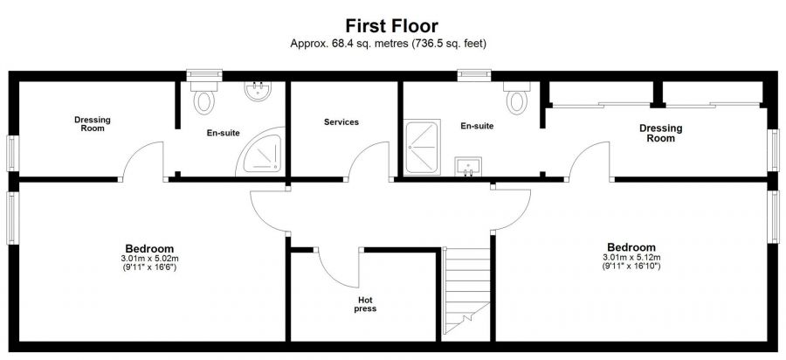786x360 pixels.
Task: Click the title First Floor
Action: (x=392, y=26)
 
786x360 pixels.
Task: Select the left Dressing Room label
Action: (x=92, y=124)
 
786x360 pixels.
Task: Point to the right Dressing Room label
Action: (x=660, y=133)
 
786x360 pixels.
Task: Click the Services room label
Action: (x=341, y=122)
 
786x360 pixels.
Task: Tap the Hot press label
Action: (x=364, y=304)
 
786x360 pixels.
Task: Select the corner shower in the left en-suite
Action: (x=264, y=153)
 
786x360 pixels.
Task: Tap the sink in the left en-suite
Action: (x=258, y=92)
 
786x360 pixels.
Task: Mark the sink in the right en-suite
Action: (x=469, y=166)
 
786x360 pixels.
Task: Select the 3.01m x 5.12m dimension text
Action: (x=631, y=259)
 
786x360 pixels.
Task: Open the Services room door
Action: (x=365, y=162)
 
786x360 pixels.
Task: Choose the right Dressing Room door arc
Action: (x=589, y=162)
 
